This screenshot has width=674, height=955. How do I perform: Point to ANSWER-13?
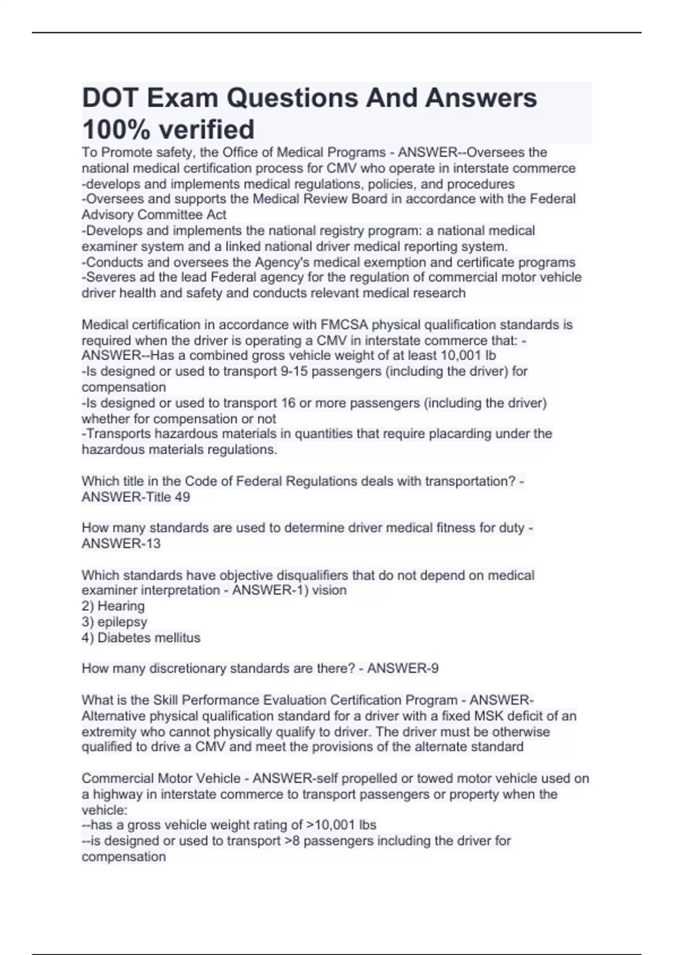click(x=121, y=544)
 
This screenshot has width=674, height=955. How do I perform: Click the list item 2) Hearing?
click(x=113, y=606)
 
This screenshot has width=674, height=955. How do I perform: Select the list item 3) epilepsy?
click(x=115, y=622)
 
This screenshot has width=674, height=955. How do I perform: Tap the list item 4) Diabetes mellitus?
click(x=141, y=638)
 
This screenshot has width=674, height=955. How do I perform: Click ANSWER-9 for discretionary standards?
click(x=403, y=668)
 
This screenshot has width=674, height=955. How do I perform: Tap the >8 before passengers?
click(x=292, y=841)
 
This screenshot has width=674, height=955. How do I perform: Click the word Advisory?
click(x=107, y=215)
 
